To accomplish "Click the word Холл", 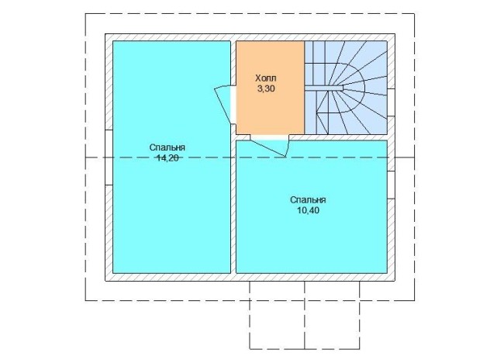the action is click(266, 78).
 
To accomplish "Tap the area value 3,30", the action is click(266, 88).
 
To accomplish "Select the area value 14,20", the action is click(167, 157).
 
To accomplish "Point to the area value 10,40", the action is click(308, 210).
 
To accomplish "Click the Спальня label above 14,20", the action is click(167, 147).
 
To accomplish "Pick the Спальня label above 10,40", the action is click(308, 200).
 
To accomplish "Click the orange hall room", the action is click(270, 88).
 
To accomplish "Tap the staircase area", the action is click(346, 88).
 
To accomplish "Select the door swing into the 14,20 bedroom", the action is click(224, 104).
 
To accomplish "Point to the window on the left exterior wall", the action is click(109, 157).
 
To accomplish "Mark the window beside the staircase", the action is click(391, 102).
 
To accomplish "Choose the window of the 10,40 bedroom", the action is click(391, 185).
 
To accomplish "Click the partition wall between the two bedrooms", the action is click(233, 206).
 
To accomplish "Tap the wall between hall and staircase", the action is click(305, 88).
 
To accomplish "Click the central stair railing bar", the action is click(324, 88).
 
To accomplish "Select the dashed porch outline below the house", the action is click(305, 348).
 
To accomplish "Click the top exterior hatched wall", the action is click(250, 37).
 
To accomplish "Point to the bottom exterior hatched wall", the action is click(250, 277).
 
